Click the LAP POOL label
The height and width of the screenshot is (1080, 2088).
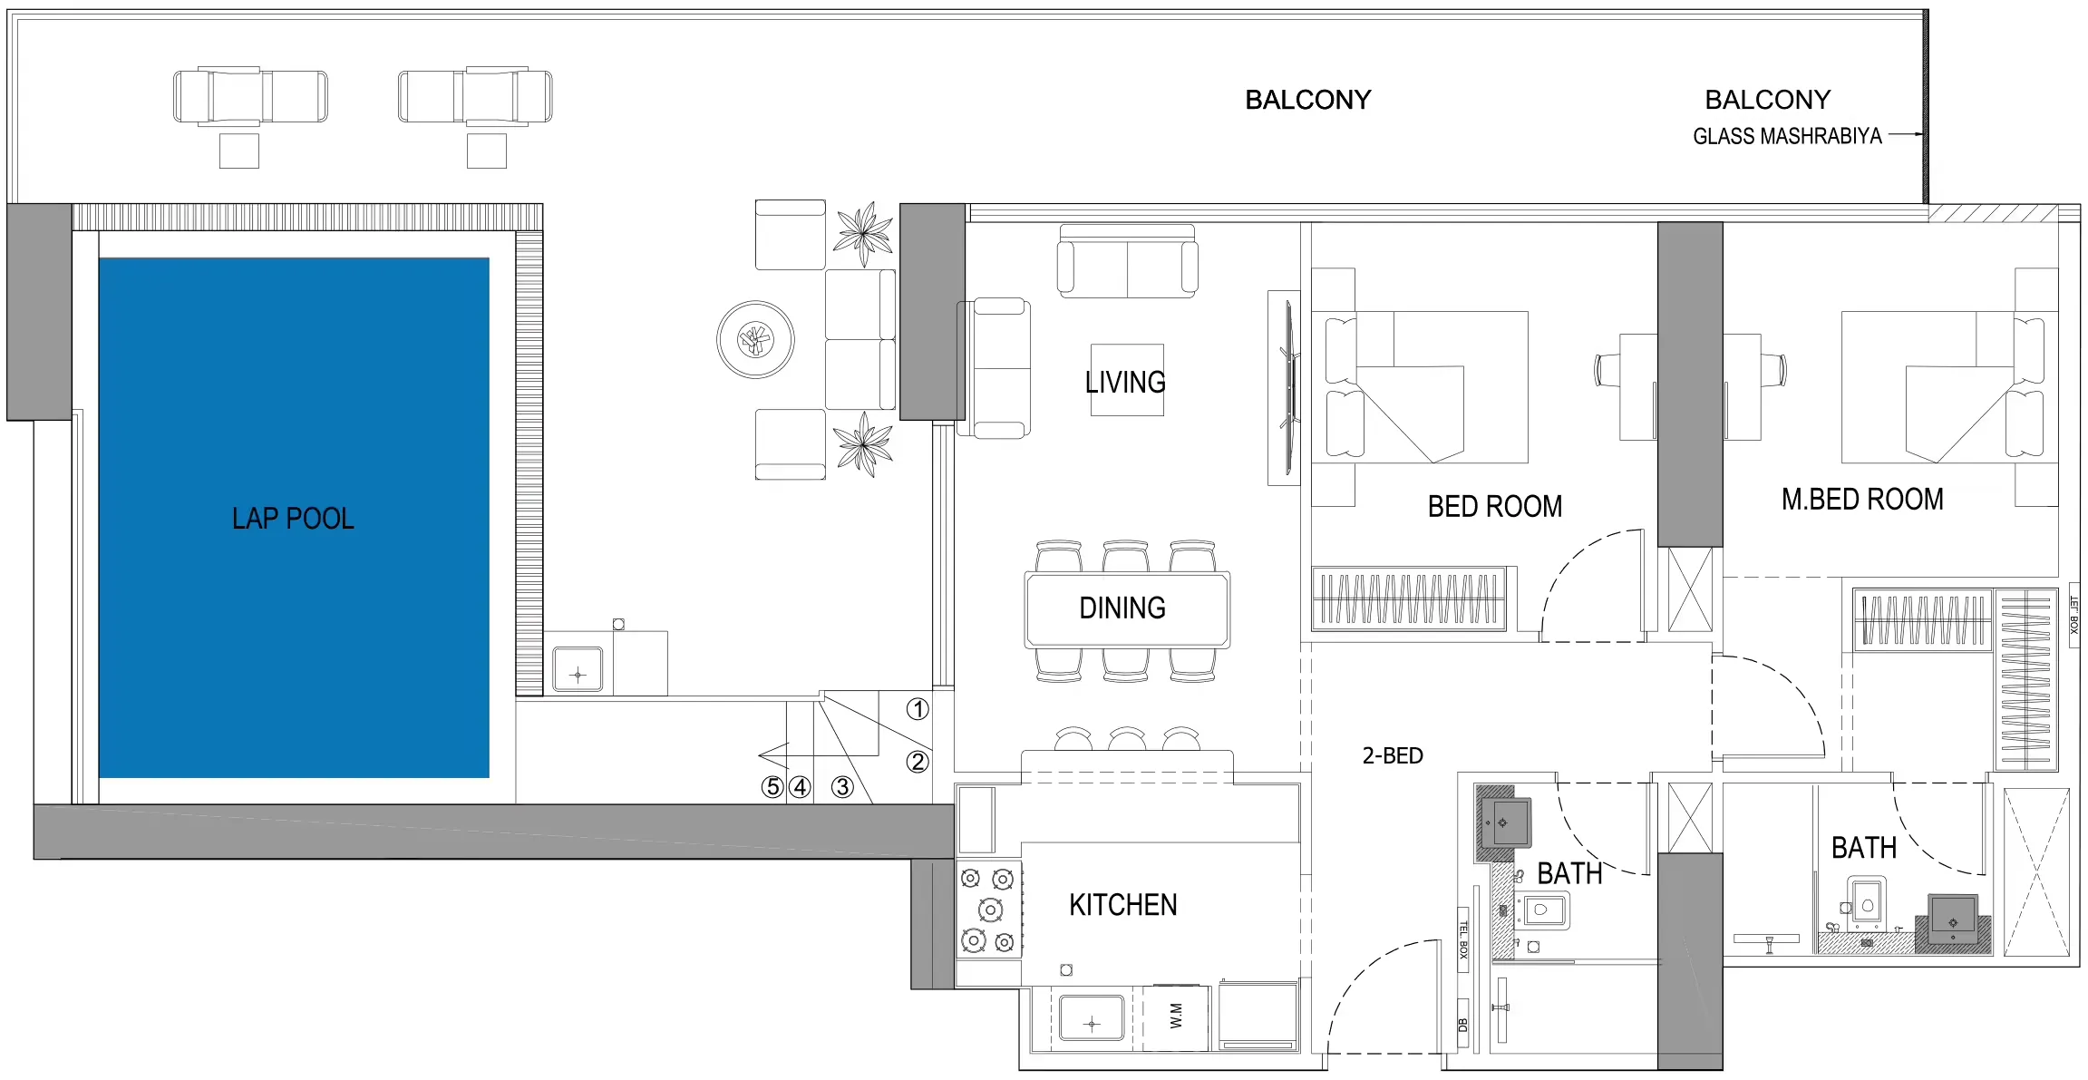293,518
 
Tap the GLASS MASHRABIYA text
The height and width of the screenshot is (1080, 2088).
1786,136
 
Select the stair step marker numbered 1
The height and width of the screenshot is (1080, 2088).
918,709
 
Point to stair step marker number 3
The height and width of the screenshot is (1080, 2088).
842,786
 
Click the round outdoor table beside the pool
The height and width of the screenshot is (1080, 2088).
755,340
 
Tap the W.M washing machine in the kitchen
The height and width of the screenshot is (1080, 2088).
1176,1017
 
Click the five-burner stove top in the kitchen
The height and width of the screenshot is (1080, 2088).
989,910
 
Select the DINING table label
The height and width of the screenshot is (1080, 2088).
1122,608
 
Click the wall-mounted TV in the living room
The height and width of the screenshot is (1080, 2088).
1287,388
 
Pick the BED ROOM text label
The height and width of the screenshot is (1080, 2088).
1494,506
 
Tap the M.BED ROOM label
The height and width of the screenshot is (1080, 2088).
1862,499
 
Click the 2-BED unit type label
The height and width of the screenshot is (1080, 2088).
1393,755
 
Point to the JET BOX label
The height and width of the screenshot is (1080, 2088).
2073,614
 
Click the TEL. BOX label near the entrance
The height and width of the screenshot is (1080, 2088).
1462,939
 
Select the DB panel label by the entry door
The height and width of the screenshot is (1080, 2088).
1462,1025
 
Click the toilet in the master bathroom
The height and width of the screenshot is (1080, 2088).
1866,902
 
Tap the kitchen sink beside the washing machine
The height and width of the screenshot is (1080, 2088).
1092,1019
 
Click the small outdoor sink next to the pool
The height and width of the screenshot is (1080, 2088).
578,669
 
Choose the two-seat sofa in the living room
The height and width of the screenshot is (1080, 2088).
1127,261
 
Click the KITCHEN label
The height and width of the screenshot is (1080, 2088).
1122,904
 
